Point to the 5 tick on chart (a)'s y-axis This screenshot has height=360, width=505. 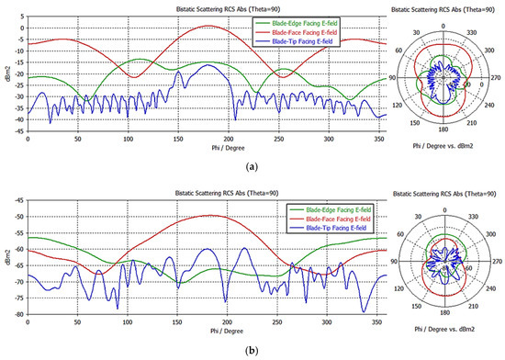pyautogui.click(x=20, y=15)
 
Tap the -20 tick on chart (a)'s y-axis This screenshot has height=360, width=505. pyautogui.click(x=18, y=79)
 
